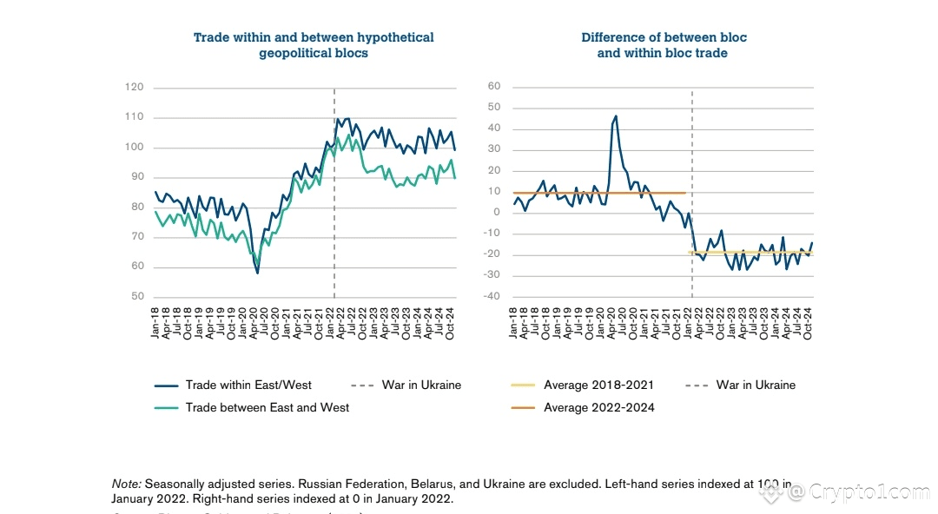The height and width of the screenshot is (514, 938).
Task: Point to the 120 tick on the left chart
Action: click(x=134, y=87)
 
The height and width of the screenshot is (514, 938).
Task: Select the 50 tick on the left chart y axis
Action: click(x=136, y=297)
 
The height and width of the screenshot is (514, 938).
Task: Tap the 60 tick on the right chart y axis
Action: click(x=494, y=86)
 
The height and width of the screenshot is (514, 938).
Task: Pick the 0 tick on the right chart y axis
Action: click(x=498, y=213)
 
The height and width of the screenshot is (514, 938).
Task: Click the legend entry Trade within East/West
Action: click(x=248, y=385)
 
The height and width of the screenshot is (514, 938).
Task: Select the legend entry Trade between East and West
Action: click(x=268, y=407)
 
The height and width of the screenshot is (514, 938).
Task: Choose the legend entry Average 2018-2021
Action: click(x=598, y=385)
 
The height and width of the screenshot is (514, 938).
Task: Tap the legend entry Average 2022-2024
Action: click(x=599, y=407)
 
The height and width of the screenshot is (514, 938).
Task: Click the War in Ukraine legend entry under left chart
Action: click(x=421, y=385)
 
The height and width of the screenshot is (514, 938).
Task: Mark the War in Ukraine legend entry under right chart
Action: click(x=756, y=385)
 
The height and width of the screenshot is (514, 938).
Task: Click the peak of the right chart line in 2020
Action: click(x=616, y=115)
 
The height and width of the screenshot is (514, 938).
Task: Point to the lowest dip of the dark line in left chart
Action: click(x=257, y=273)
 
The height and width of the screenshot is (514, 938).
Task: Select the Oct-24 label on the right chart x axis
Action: click(x=808, y=323)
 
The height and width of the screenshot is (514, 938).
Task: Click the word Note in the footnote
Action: click(x=127, y=484)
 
